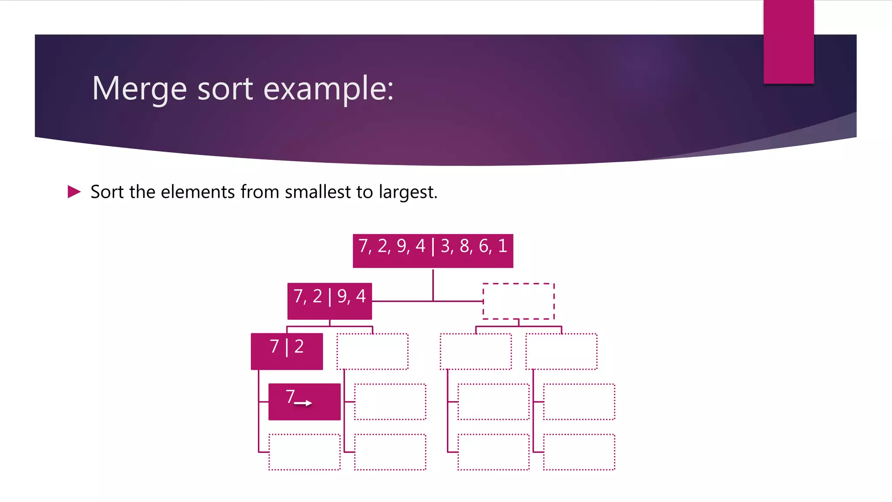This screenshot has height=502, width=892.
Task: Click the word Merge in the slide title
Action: point(139,88)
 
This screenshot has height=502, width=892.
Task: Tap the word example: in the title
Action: point(328,89)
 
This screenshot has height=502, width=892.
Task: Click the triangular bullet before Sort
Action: point(74,192)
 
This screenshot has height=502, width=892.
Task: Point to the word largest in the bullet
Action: point(407,192)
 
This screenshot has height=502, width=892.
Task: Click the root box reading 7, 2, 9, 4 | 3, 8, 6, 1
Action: point(432,251)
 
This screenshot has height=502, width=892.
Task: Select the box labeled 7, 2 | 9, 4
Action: point(329,301)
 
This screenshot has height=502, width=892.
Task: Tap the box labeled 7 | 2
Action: point(287,351)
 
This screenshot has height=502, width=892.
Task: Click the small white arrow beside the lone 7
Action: point(303,403)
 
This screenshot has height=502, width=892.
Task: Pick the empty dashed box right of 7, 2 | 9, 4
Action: point(518,301)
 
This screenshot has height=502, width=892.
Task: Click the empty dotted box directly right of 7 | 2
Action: point(372,351)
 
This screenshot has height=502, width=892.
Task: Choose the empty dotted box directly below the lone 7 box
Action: point(304,452)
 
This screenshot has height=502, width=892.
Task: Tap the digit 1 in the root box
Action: point(503,246)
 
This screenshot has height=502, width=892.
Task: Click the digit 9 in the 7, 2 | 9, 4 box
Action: point(342,297)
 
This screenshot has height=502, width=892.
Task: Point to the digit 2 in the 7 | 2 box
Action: point(299,346)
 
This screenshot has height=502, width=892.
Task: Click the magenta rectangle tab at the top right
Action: point(788,41)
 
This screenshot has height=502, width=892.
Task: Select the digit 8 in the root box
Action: point(465,246)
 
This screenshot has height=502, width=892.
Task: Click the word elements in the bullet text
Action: point(198,192)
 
